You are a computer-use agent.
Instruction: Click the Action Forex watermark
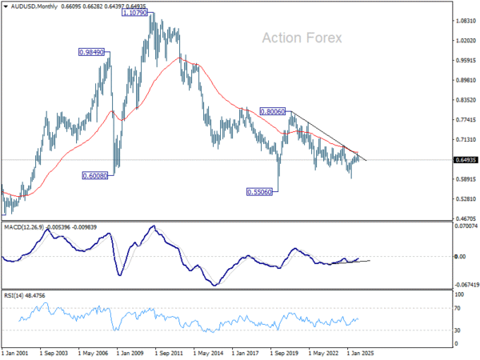pyautogui.click(x=302, y=38)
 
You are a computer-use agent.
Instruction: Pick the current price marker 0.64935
pyautogui.click(x=463, y=160)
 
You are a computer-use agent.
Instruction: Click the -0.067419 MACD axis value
pyautogui.click(x=465, y=284)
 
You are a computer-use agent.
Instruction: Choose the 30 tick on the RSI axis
pyautogui.click(x=458, y=330)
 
